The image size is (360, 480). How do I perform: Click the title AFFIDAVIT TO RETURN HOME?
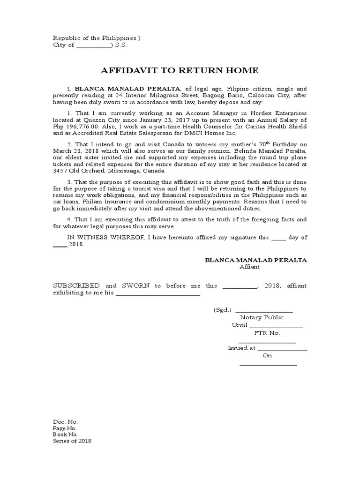(x=180, y=71)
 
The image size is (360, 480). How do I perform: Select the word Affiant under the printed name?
(x=249, y=267)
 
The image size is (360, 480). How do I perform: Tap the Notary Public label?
(x=262, y=317)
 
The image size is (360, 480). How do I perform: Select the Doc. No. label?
(x=65, y=421)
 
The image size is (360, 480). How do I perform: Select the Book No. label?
(x=65, y=435)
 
